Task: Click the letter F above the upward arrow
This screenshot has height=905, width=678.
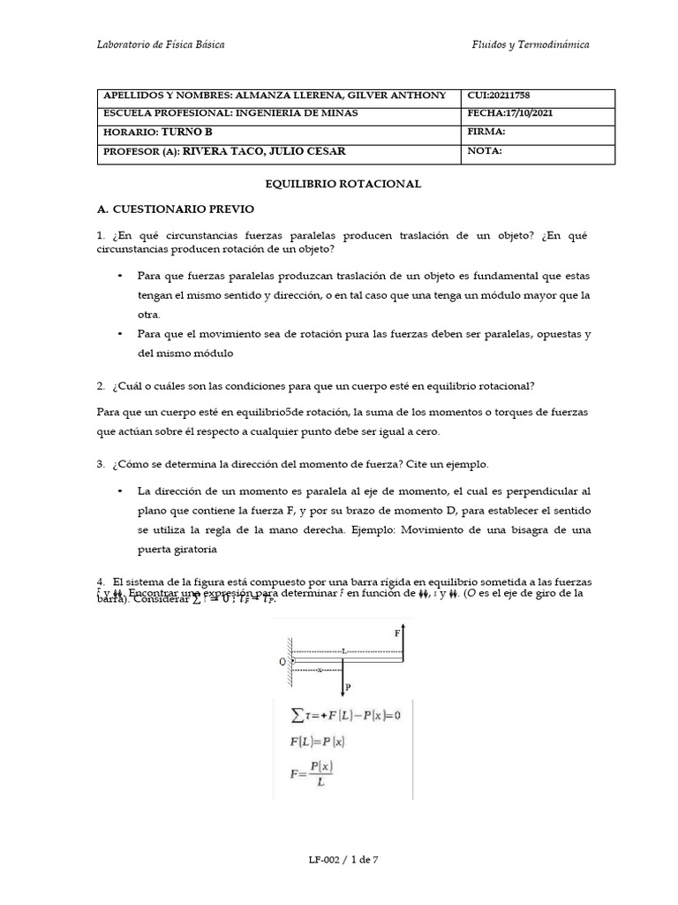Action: pyautogui.click(x=397, y=634)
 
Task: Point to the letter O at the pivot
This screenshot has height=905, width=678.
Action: pyautogui.click(x=282, y=660)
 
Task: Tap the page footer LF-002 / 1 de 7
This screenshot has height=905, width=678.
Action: pyautogui.click(x=339, y=858)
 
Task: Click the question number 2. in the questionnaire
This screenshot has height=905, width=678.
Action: pyautogui.click(x=102, y=385)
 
